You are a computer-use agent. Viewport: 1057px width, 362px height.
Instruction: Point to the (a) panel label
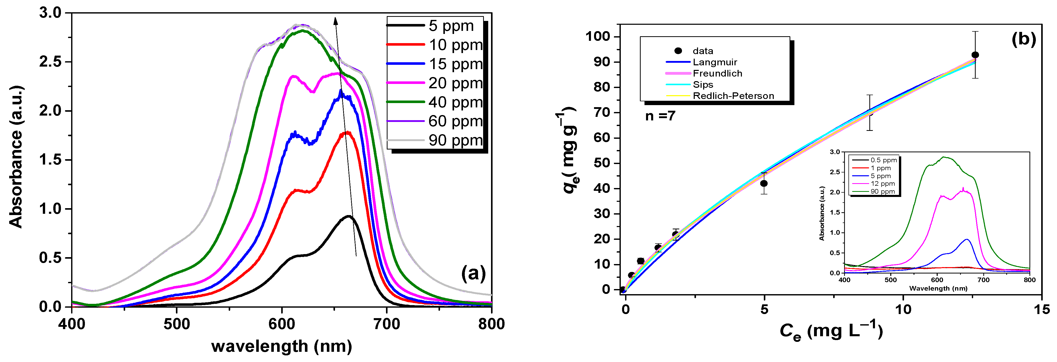click(473, 273)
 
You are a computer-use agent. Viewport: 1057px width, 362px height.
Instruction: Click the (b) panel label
click(1024, 39)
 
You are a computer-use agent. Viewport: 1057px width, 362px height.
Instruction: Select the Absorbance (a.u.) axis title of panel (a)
click(16, 157)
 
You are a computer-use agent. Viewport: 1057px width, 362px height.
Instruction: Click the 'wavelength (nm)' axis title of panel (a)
click(281, 346)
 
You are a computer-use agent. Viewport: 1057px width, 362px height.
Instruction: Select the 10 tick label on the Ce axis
click(903, 309)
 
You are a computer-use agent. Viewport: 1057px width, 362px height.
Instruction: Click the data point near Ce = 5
click(764, 183)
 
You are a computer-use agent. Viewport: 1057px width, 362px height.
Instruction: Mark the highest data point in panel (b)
click(975, 55)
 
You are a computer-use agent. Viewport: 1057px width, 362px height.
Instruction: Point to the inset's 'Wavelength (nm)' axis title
click(938, 288)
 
